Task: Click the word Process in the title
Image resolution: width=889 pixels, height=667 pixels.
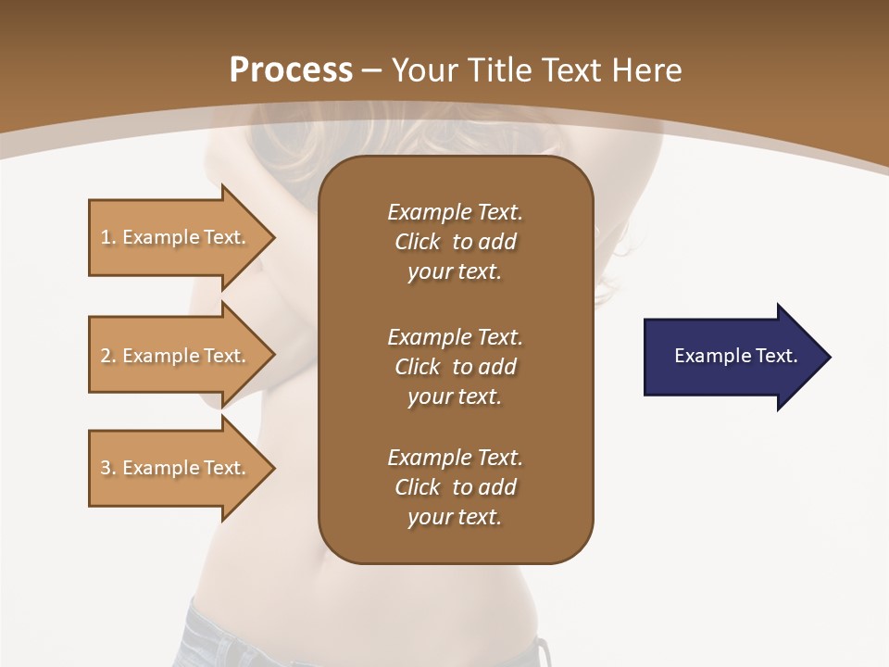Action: coord(291,70)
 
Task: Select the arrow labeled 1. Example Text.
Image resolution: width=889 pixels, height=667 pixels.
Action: coord(181,237)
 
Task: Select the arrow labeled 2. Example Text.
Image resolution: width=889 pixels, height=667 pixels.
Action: coord(181,356)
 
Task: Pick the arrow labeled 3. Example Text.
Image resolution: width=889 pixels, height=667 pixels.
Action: coord(181,468)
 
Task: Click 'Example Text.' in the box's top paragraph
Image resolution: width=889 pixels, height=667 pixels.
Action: coord(455,212)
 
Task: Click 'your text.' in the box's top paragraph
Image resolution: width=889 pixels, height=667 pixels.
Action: coord(454,272)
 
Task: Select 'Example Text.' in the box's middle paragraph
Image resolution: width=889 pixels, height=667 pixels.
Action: coord(455,336)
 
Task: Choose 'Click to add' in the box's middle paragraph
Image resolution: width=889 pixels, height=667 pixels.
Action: coord(455,367)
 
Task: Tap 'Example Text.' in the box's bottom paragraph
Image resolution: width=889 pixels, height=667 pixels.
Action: coord(455,458)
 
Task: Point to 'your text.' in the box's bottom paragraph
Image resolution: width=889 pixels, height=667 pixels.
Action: coord(454,518)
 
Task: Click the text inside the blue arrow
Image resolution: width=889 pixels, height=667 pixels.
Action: coord(736,356)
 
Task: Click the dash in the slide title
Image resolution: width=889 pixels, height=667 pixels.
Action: coord(372,71)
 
